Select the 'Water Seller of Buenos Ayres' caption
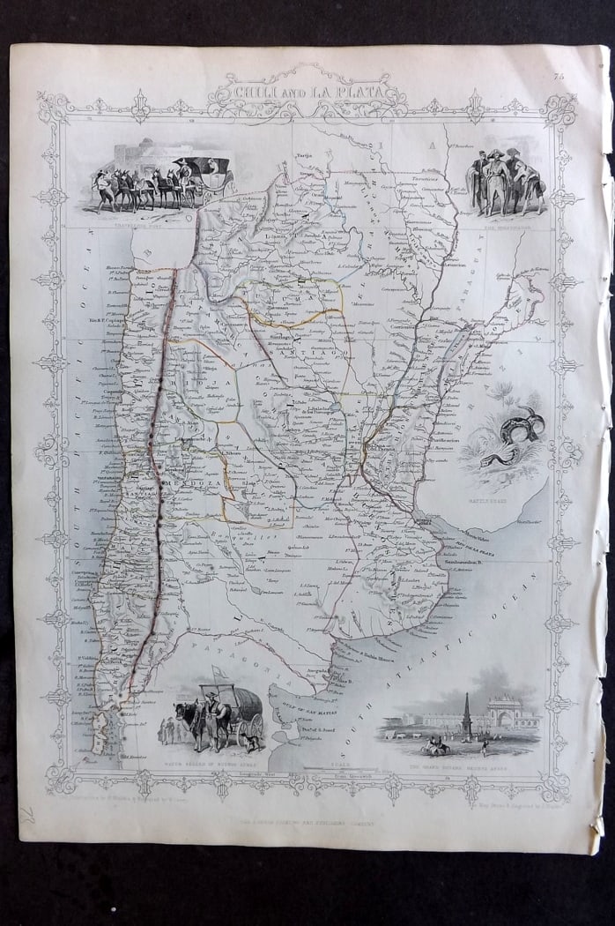[x=204, y=757]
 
